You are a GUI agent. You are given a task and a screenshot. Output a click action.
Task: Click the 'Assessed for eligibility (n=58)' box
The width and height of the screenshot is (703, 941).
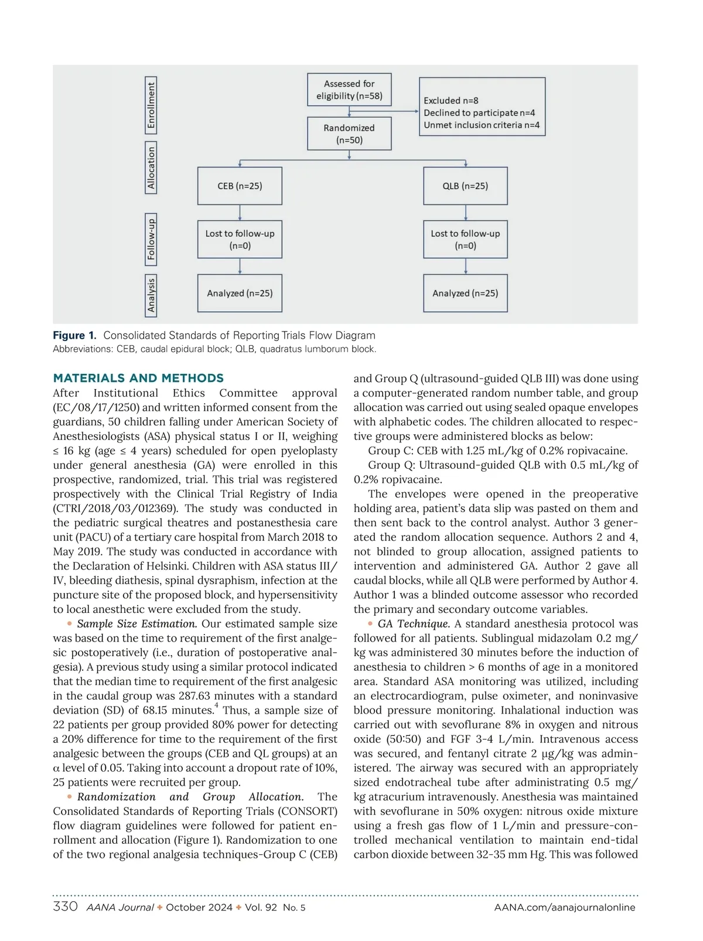tap(349, 90)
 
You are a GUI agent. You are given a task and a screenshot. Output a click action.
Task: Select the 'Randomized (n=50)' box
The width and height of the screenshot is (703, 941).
tap(349, 134)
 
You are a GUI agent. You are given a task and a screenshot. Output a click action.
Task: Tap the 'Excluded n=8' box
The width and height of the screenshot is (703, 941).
tap(482, 107)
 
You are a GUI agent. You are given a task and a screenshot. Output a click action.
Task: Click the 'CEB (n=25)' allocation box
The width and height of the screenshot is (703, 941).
tap(240, 186)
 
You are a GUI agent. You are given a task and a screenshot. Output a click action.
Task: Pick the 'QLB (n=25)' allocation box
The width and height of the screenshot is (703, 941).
tap(465, 186)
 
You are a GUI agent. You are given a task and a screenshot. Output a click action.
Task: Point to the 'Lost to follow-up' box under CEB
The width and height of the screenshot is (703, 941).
tap(240, 239)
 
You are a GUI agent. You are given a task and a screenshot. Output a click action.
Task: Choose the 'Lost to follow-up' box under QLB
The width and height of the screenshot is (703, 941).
tap(465, 239)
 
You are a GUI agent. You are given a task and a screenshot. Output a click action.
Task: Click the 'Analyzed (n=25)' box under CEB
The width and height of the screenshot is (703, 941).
tap(240, 293)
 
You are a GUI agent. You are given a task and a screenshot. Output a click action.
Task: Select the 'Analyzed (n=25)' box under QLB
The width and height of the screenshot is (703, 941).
tap(465, 293)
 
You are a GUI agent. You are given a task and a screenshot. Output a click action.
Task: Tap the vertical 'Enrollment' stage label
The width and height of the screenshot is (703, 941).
tap(151, 105)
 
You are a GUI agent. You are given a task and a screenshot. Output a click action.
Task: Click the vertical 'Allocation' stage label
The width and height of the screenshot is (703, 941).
tap(151, 168)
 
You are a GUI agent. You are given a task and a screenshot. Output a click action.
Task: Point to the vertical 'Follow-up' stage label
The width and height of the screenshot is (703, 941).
tap(151, 239)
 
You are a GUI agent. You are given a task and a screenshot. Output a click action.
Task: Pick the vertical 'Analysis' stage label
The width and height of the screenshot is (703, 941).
tap(151, 295)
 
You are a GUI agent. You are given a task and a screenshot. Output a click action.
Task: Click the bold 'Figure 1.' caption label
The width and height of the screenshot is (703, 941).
tap(74, 335)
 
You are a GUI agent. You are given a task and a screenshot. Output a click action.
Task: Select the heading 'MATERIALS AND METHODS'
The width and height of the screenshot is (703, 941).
tap(138, 378)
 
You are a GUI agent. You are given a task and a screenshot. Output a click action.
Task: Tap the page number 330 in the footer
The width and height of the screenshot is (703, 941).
tap(65, 906)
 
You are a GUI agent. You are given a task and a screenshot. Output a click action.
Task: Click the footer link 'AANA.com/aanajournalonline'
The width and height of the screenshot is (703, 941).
tap(564, 908)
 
